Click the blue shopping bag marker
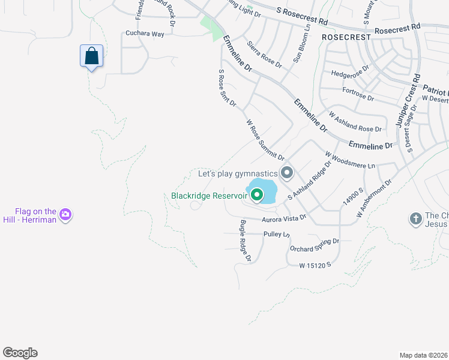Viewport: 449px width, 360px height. pyautogui.click(x=91, y=56)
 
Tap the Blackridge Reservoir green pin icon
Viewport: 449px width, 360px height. pyautogui.click(x=257, y=195)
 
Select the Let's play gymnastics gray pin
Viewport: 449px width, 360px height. pyautogui.click(x=287, y=173)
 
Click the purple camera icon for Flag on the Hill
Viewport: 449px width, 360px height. pyautogui.click(x=66, y=214)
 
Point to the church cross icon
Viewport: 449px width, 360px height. pyautogui.click(x=415, y=218)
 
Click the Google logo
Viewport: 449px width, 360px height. pyautogui.click(x=20, y=353)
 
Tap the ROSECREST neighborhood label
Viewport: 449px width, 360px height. pyautogui.click(x=347, y=37)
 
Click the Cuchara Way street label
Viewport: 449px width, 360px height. pyautogui.click(x=145, y=34)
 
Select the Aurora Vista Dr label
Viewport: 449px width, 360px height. pyautogui.click(x=284, y=220)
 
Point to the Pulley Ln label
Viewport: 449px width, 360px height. pyautogui.click(x=277, y=234)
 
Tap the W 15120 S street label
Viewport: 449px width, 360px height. pyautogui.click(x=315, y=265)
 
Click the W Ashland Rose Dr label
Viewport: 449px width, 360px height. pyautogui.click(x=355, y=122)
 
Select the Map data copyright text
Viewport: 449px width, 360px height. pyautogui.click(x=423, y=355)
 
